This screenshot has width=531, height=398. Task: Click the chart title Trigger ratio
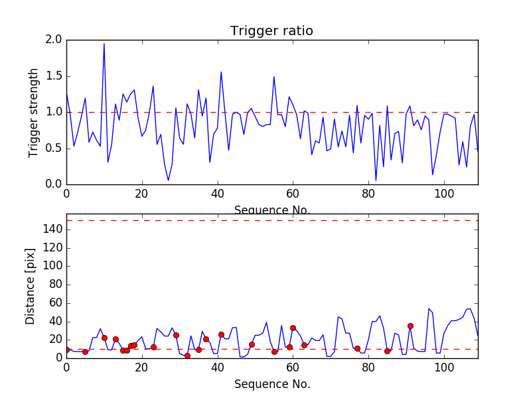pos(271,31)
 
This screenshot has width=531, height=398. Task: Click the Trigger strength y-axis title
pos(34,112)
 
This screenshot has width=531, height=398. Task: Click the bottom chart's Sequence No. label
pos(271,384)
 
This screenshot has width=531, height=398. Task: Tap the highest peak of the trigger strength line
pos(104,44)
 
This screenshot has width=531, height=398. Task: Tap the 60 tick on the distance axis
pos(56,303)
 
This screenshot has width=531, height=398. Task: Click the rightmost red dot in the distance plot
pos(410,326)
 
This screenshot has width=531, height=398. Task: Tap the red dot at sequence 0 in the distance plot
pos(66,350)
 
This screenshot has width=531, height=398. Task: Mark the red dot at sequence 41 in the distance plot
pos(221,334)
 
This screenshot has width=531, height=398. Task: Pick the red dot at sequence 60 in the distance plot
pos(293,328)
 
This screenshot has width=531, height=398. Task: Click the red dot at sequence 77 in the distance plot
pos(357,348)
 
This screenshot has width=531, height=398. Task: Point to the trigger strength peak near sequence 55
pos(274,77)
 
